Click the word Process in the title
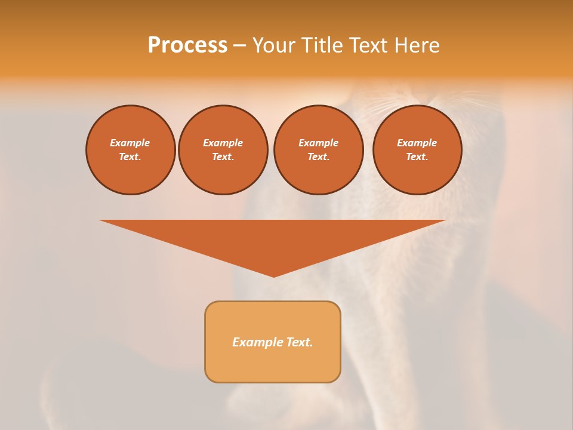(x=187, y=45)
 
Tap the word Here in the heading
(x=415, y=45)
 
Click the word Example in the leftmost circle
(x=130, y=143)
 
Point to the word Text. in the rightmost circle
(x=417, y=156)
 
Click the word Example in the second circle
(x=223, y=143)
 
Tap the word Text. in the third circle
(x=318, y=156)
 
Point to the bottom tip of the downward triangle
(x=273, y=275)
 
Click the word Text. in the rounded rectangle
(x=299, y=342)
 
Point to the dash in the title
(x=240, y=45)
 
